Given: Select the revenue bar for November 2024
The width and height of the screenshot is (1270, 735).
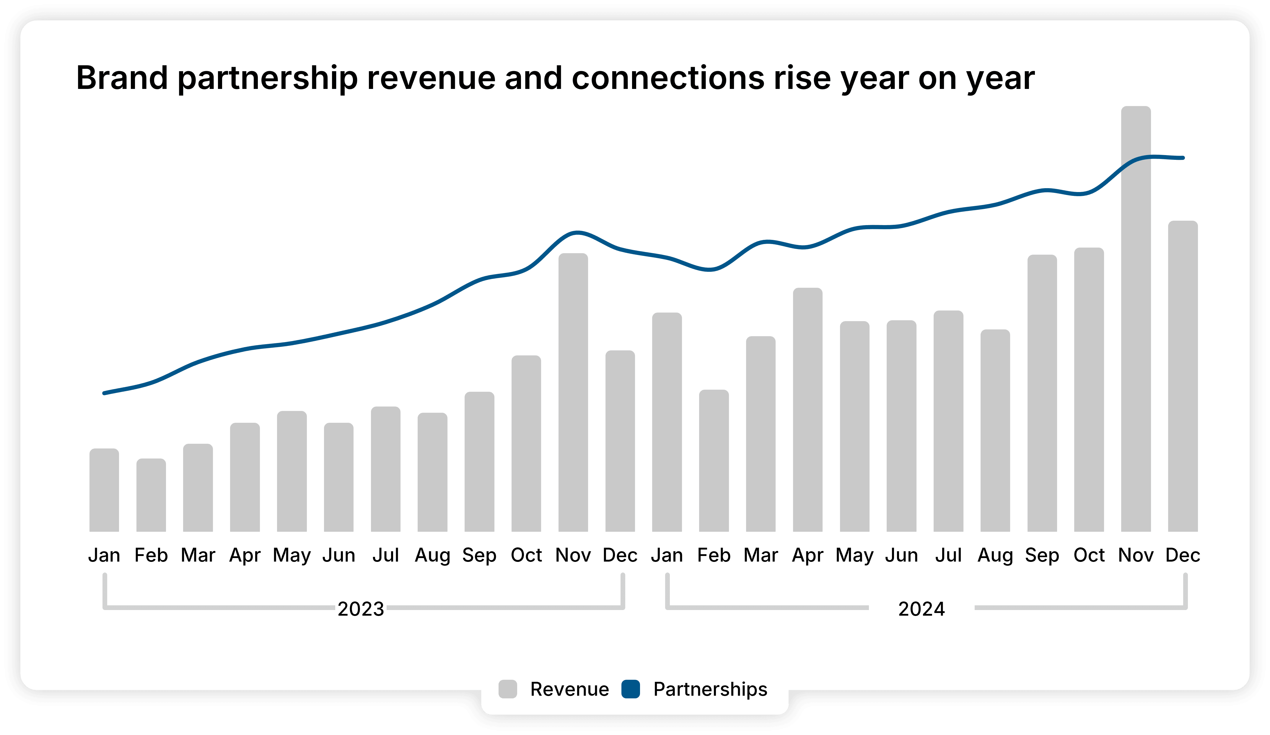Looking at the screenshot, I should coord(1136,323).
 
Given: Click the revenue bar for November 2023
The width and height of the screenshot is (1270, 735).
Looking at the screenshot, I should coord(573,393).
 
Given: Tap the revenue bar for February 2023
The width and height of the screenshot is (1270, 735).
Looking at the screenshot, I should coord(151,495).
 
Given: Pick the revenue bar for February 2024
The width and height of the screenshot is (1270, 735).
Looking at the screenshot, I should coord(714,461).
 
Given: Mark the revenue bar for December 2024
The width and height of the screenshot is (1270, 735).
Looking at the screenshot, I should coord(1183,377).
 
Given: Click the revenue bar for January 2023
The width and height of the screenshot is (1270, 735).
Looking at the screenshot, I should coord(104,490).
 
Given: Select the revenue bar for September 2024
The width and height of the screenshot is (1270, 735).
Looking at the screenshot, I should coord(1042,394).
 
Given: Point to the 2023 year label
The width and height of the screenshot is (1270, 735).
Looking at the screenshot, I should coord(361,609).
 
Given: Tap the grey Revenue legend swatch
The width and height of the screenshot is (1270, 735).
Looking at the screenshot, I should coord(507,689).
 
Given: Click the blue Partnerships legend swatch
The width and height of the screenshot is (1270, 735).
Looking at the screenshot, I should coord(631,689).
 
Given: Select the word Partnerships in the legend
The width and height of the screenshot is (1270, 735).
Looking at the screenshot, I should coord(710,689).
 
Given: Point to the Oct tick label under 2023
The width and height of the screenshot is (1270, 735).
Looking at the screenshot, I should coord(526,555).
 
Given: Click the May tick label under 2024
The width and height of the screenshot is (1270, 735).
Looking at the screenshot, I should coord(854,555).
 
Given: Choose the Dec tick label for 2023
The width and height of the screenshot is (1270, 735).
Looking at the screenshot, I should coord(620,555).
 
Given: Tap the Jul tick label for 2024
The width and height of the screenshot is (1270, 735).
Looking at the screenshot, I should coord(948,555).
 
